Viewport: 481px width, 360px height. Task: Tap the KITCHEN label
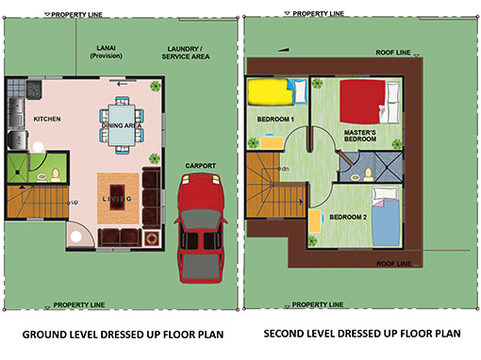(47, 120)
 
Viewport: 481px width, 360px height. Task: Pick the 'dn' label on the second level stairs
(283, 170)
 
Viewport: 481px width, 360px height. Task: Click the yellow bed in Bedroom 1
(270, 91)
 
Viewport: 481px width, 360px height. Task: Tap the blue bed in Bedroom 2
(387, 218)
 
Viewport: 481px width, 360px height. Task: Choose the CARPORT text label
(200, 166)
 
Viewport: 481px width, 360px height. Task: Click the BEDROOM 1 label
(275, 119)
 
